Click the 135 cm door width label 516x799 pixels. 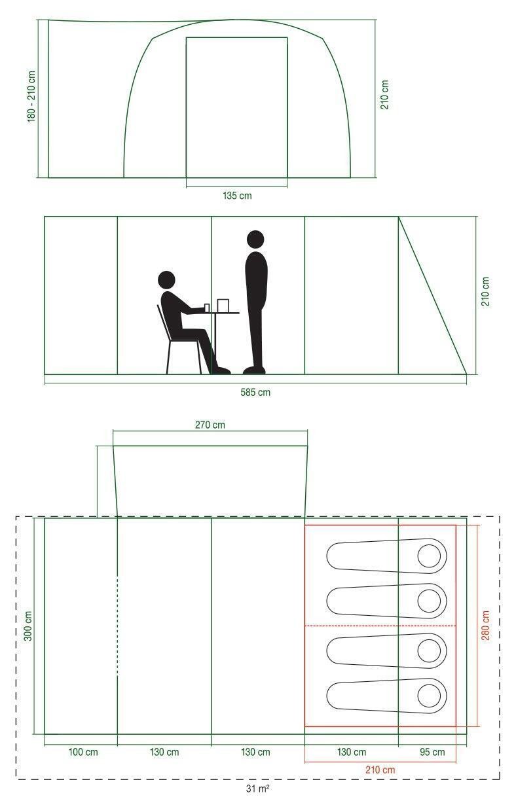[x=237, y=196]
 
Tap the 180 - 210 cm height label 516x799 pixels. [x=31, y=97]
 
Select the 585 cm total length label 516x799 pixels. [x=255, y=393]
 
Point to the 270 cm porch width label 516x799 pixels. [x=210, y=425]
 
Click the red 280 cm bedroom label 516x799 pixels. [x=485, y=625]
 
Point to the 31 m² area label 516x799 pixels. [x=257, y=789]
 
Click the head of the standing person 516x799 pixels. [x=255, y=240]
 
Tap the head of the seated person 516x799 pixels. [x=166, y=280]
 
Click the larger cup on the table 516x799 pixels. [x=223, y=306]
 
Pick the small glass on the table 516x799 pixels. [x=207, y=308]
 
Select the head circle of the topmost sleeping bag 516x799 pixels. [x=429, y=556]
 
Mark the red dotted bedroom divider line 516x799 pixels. [x=380, y=626]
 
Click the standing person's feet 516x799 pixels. [x=254, y=370]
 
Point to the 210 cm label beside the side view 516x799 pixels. [x=486, y=291]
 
